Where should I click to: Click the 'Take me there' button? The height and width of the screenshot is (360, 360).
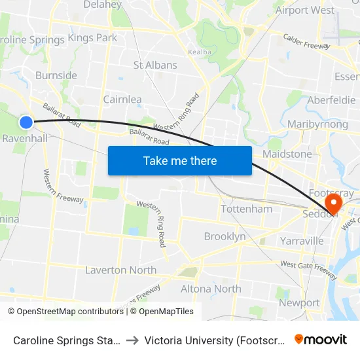(x=180, y=160)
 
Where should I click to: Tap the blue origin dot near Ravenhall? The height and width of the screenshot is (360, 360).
(x=26, y=122)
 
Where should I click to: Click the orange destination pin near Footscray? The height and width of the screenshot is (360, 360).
(x=334, y=204)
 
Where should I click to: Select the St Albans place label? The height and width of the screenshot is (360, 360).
(x=155, y=65)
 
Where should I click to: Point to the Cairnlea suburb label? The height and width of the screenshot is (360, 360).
(x=122, y=99)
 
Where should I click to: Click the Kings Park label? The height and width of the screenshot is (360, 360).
(x=92, y=38)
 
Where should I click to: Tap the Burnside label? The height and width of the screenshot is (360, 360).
(x=56, y=75)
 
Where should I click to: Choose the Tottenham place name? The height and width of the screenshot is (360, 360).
(x=246, y=209)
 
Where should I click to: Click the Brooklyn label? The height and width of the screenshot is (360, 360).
(x=225, y=236)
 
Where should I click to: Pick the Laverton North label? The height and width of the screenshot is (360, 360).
(x=120, y=270)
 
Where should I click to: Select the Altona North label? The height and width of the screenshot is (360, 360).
(x=211, y=289)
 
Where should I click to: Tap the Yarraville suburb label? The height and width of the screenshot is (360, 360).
(x=302, y=241)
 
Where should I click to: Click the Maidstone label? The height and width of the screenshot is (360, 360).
(x=287, y=154)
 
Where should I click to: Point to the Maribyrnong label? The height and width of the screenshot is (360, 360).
(x=318, y=124)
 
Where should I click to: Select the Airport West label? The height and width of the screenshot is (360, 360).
(x=305, y=10)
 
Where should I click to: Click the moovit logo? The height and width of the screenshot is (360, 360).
(x=321, y=340)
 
